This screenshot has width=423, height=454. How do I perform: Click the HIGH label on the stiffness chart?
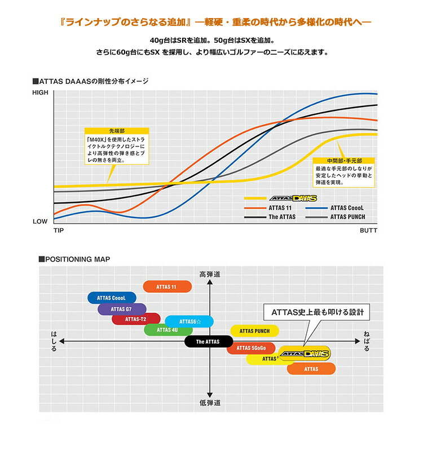pyautogui.click(x=40, y=92)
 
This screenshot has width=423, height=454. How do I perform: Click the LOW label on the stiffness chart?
pyautogui.click(x=40, y=221)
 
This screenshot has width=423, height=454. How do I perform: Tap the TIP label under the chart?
pyautogui.click(x=59, y=231)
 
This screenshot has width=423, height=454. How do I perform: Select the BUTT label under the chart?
pyautogui.click(x=368, y=231)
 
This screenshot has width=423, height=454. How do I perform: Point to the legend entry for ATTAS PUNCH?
pyautogui.click(x=347, y=217)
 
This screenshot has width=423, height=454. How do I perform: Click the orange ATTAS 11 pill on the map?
pyautogui.click(x=167, y=287)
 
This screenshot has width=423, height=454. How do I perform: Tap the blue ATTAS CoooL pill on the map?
pyautogui.click(x=112, y=298)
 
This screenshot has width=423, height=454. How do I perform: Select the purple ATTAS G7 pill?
pyautogui.click(x=122, y=309)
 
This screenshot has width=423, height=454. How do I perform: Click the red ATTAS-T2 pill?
pyautogui.click(x=136, y=319)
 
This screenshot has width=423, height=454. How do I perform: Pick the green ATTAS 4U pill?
pyautogui.click(x=168, y=330)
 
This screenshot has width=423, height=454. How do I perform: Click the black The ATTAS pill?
pyautogui.click(x=208, y=341)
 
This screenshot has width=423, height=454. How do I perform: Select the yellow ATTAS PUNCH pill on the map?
pyautogui.click(x=254, y=331)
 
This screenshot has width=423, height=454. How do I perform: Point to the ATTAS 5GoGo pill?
pyautogui.click(x=251, y=348)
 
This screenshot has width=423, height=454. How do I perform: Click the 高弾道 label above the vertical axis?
pyautogui.click(x=210, y=274)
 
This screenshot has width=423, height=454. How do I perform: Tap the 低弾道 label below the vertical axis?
pyautogui.click(x=210, y=403)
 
